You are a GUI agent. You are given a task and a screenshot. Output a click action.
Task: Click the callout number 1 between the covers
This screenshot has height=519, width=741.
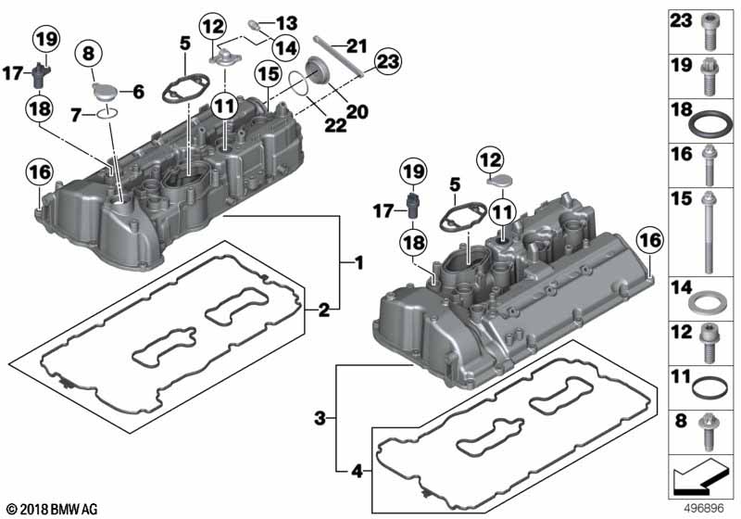click(356, 262)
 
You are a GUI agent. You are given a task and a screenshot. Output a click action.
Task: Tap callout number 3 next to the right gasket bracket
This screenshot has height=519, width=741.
click(319, 419)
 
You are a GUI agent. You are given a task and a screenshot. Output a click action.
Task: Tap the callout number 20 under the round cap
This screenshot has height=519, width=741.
click(357, 112)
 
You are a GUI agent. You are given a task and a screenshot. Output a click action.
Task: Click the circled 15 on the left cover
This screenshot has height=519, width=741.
click(267, 71)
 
